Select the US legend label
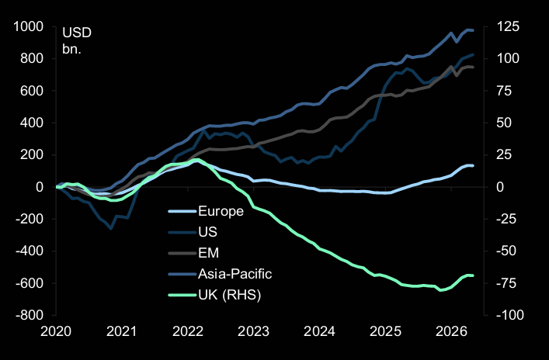[207, 232]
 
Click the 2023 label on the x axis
[252, 332]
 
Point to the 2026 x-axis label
[450, 332]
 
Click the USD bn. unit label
[75, 42]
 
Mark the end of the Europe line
[473, 166]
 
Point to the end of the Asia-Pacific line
[473, 31]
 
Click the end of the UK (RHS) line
[473, 275]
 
